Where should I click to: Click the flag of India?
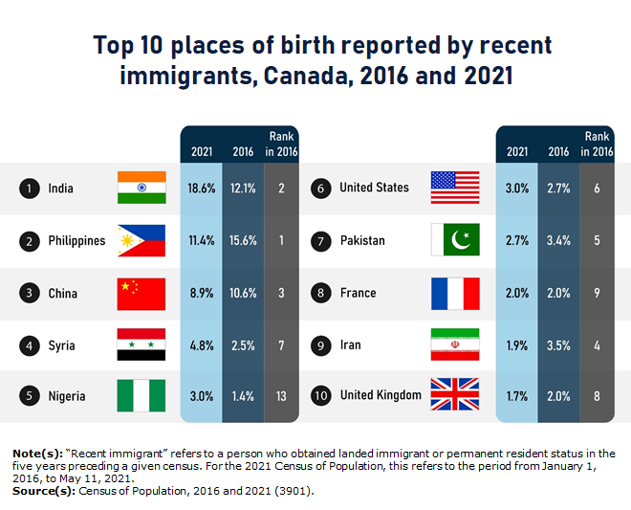pos(141,188)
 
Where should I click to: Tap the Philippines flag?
pos(141,240)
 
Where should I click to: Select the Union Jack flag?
pos(455,395)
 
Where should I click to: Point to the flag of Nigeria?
pos(141,395)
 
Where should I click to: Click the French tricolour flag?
pos(455,293)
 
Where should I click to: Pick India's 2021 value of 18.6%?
pos(202,188)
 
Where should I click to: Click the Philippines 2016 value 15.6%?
pos(243,240)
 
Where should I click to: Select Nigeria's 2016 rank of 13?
pos(282,395)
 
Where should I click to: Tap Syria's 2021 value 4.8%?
pos(202,344)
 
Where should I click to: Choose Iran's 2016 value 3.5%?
pos(558,344)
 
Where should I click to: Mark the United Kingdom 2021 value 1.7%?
pos(517,395)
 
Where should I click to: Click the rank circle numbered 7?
pos(321,240)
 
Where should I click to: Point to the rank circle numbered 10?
pos(321,395)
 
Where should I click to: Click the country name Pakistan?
pos(362,240)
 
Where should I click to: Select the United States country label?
pos(374,188)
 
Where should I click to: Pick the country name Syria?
pos(61,344)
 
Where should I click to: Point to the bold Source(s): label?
pos(43,490)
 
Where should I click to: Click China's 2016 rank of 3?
pos(282,293)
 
